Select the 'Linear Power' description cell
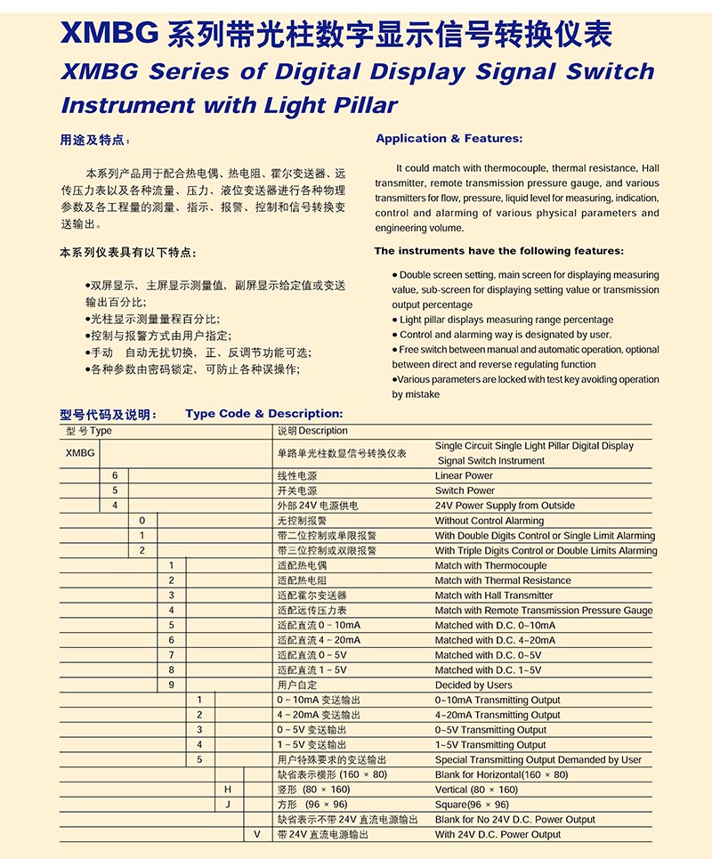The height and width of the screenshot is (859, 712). pyautogui.click(x=464, y=476)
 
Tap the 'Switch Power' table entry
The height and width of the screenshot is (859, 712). pyautogui.click(x=465, y=490)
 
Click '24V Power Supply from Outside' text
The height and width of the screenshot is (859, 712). pyautogui.click(x=505, y=506)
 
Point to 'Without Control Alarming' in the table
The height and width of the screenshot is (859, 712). pyautogui.click(x=489, y=521)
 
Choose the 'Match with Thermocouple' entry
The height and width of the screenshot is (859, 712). pyautogui.click(x=490, y=565)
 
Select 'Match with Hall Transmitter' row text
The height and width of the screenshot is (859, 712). pyautogui.click(x=494, y=596)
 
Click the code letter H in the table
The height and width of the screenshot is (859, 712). pyautogui.click(x=228, y=790)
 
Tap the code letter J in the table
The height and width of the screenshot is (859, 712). pyautogui.click(x=228, y=805)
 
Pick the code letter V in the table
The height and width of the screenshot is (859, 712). pyautogui.click(x=256, y=834)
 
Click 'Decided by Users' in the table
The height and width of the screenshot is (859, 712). pyautogui.click(x=473, y=685)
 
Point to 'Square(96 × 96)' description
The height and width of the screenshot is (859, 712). pyautogui.click(x=472, y=805)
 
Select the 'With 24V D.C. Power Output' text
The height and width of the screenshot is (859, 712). pyautogui.click(x=498, y=834)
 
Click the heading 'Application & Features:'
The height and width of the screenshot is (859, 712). pyautogui.click(x=449, y=139)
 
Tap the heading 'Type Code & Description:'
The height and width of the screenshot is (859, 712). pyautogui.click(x=263, y=414)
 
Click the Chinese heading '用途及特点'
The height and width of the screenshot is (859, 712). pyautogui.click(x=93, y=140)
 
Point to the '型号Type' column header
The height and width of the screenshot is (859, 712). pyautogui.click(x=89, y=431)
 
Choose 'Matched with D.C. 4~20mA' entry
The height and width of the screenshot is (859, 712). pyautogui.click(x=495, y=640)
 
